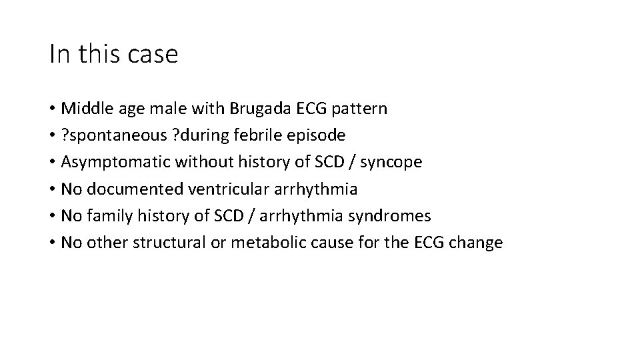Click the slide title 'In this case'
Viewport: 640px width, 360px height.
point(113,55)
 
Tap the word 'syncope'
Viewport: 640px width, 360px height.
point(392,163)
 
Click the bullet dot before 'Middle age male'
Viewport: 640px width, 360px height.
point(52,109)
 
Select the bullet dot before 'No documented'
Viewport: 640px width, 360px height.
point(52,190)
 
